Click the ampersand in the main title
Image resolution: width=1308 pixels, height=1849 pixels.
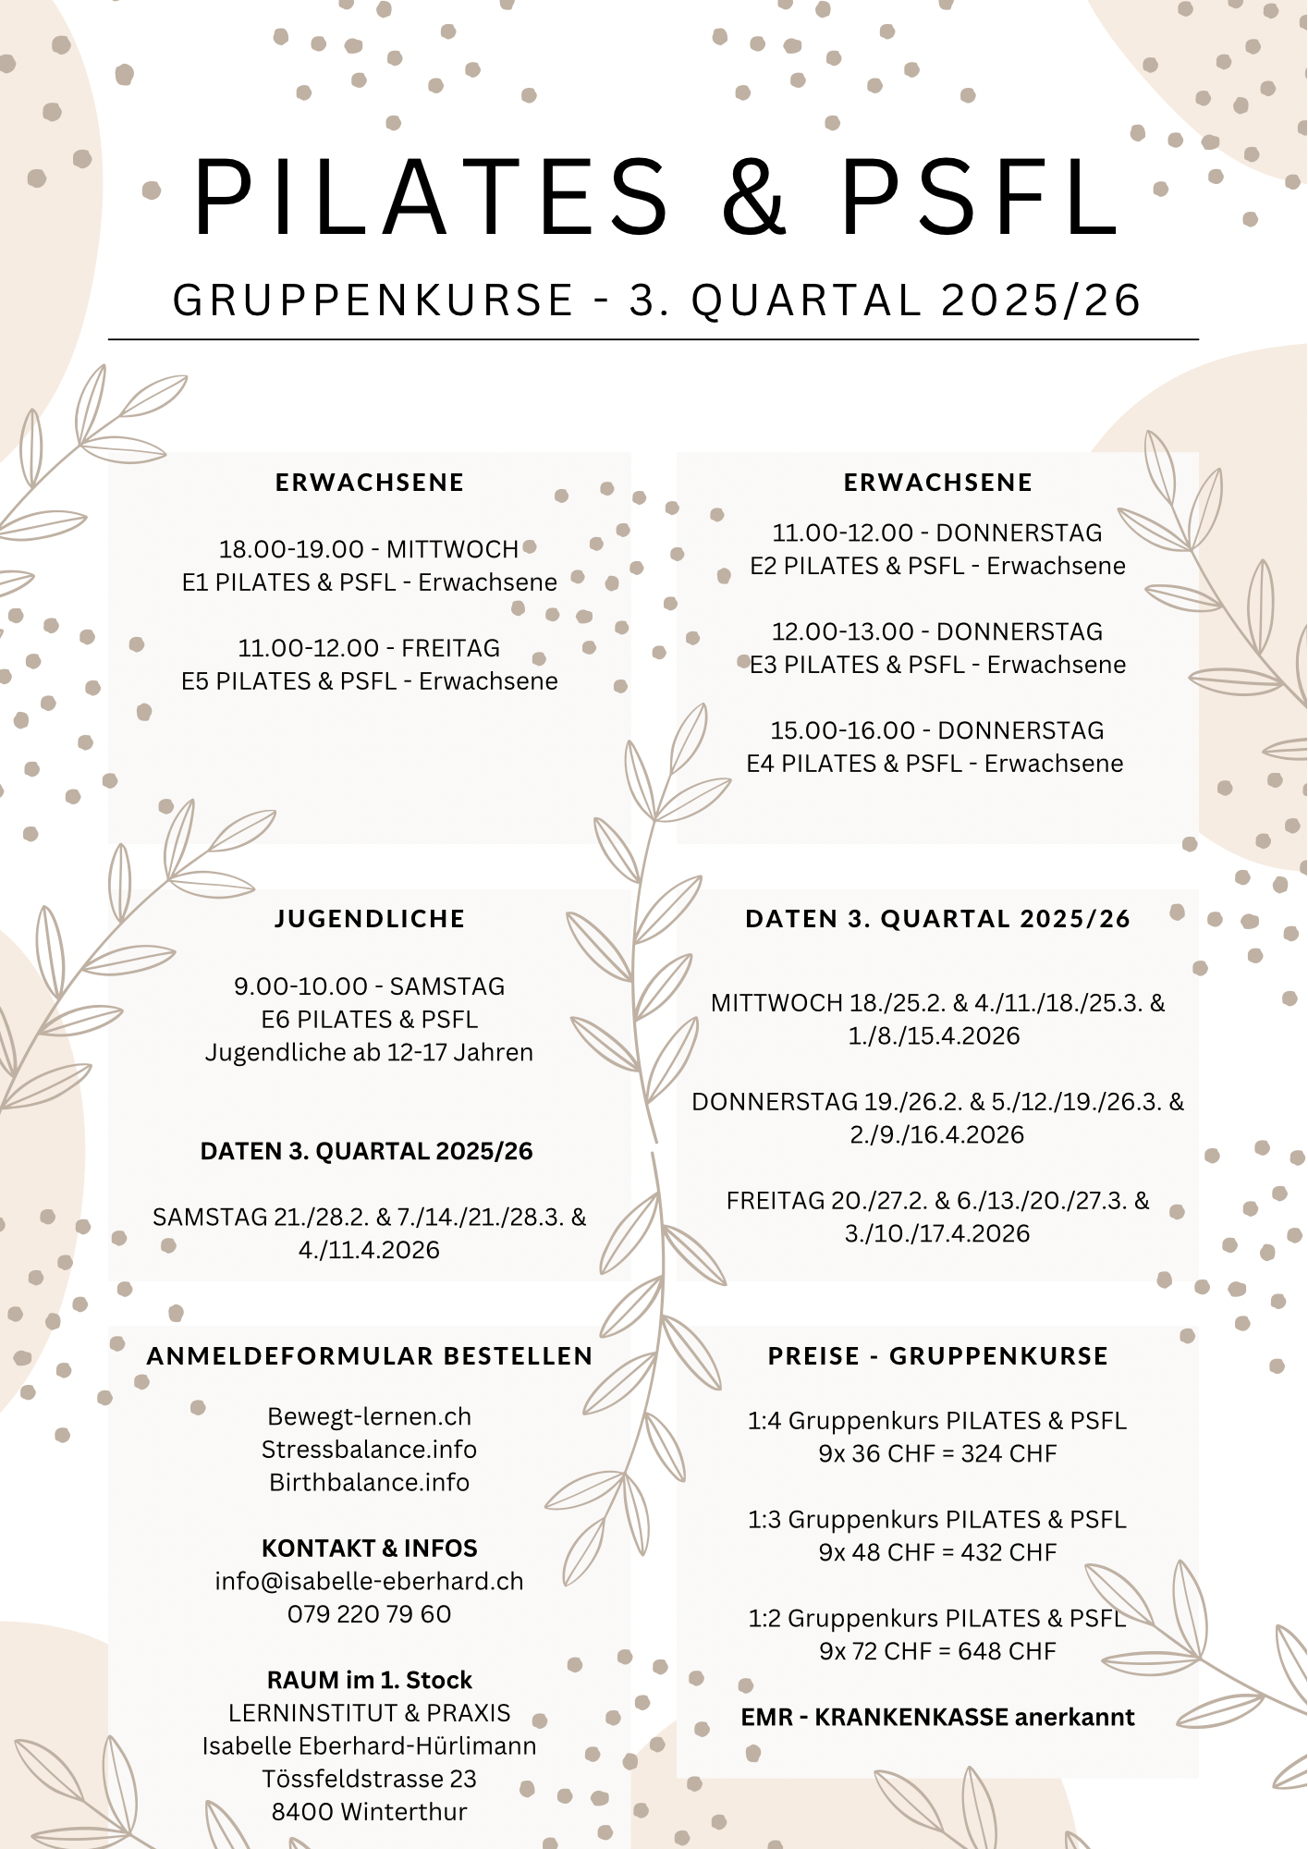coord(753,197)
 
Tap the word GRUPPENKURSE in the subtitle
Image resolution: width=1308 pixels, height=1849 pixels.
coord(373,300)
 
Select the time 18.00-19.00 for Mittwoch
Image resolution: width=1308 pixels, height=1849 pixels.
coord(291,549)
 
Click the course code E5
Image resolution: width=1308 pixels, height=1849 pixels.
coord(195,681)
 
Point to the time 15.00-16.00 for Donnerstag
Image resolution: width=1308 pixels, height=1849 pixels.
coord(842,730)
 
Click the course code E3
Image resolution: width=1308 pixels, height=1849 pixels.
coord(764,665)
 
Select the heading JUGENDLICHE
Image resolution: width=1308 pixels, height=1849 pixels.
coord(369,919)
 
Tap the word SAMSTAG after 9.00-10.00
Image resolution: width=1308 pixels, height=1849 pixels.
coord(447,986)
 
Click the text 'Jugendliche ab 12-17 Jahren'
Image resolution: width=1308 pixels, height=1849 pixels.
coord(369,1053)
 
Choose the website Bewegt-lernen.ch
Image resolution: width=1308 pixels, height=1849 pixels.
coord(369,1416)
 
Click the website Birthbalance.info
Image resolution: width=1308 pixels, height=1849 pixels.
coord(369,1482)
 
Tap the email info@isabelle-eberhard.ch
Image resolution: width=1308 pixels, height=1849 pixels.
coord(369,1581)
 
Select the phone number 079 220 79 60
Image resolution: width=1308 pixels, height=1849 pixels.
coord(369,1614)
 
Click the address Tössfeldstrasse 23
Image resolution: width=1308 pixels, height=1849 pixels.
coord(369,1779)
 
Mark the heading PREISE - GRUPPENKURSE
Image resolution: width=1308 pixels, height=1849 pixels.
coord(937,1356)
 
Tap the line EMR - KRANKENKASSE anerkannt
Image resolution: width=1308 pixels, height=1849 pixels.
coord(937,1717)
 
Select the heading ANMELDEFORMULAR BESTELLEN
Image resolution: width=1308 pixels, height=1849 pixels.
coord(369,1356)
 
